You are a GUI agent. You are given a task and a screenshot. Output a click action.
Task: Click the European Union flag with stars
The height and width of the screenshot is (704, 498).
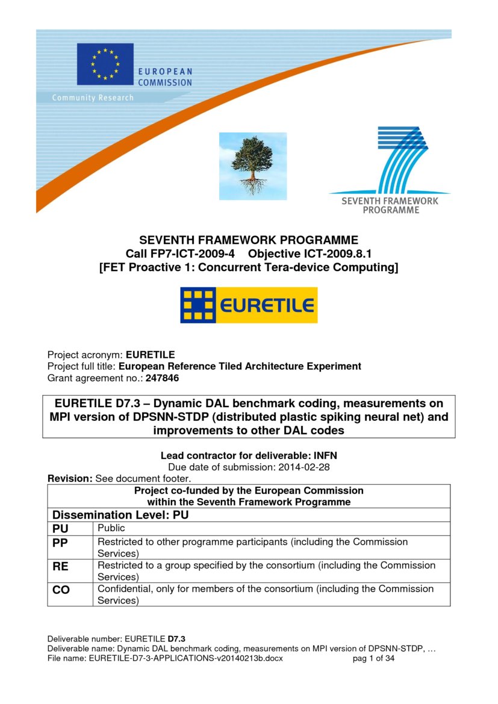point(105,64)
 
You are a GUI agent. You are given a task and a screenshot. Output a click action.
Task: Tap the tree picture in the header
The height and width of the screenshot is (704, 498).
point(252,166)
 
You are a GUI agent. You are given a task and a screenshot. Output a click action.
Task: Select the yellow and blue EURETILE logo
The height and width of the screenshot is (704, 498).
point(249,305)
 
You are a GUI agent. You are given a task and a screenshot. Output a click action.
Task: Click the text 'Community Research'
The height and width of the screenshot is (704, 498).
point(93,98)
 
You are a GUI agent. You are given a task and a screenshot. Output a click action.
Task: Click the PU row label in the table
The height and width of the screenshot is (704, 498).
point(60,529)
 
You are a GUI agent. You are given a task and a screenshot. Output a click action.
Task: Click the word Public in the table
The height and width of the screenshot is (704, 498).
point(111,528)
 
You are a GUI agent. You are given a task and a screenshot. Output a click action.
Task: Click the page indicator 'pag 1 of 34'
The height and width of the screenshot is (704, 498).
point(373,659)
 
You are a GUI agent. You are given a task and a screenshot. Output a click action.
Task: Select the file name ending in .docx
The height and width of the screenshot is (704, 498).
point(185,659)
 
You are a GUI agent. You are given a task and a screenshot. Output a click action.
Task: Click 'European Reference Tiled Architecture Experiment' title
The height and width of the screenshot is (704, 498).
point(240,366)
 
